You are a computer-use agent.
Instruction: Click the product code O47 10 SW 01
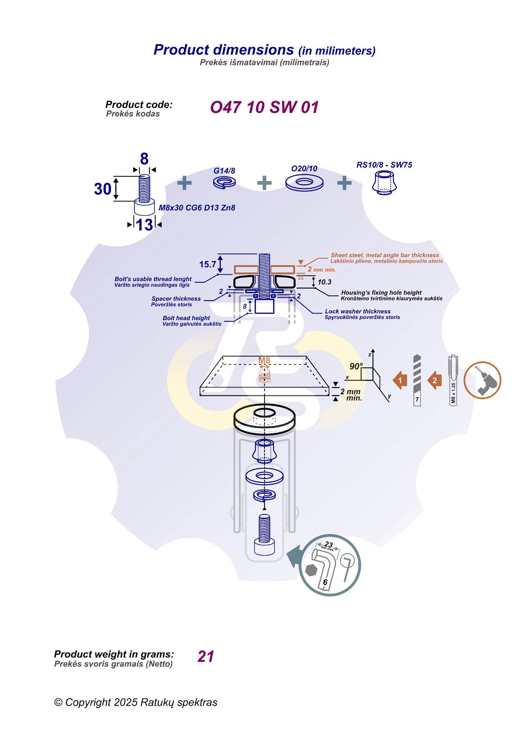click(x=264, y=107)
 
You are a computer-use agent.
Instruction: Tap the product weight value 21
click(x=206, y=656)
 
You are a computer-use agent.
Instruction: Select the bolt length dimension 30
click(x=103, y=189)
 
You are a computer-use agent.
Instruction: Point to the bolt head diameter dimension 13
click(x=144, y=225)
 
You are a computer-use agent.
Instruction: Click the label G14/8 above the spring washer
click(x=224, y=171)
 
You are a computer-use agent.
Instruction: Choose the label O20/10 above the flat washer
click(x=304, y=168)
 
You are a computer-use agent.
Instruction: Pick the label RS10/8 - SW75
click(x=384, y=165)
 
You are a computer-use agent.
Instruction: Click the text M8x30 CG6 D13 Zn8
click(x=197, y=208)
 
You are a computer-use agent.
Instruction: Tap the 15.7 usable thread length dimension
click(x=207, y=264)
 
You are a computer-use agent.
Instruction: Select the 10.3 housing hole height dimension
click(x=324, y=282)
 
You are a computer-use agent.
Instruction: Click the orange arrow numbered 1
click(x=400, y=380)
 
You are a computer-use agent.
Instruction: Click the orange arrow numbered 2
click(x=435, y=380)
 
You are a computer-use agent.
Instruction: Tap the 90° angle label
click(x=356, y=366)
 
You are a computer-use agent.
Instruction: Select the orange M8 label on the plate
click(x=264, y=360)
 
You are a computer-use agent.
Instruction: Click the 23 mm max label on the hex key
click(x=328, y=545)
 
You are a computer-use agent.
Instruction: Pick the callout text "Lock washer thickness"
click(x=357, y=312)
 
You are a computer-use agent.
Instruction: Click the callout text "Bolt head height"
click(x=186, y=318)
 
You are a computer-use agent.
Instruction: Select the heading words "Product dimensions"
click(x=223, y=50)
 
